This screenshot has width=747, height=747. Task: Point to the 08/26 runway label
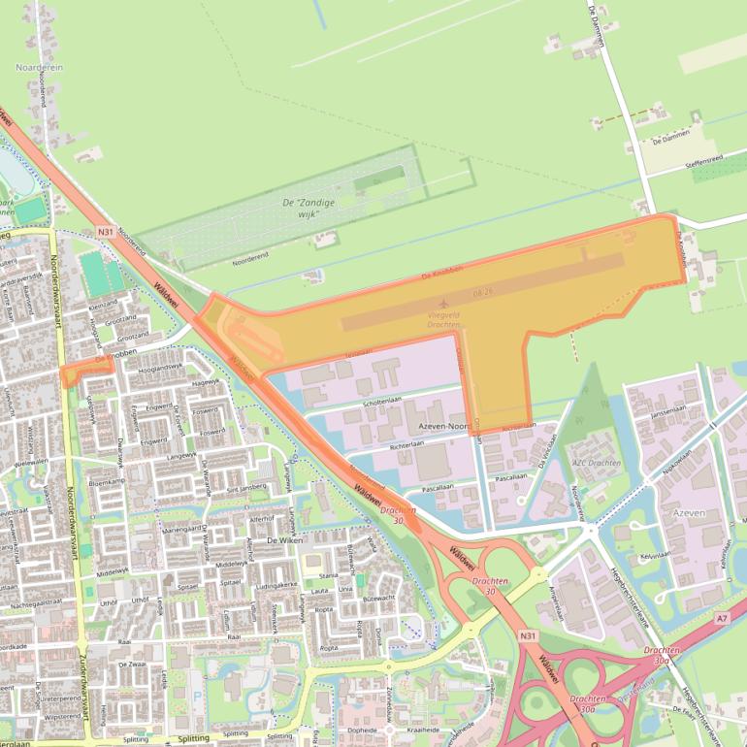click(483, 291)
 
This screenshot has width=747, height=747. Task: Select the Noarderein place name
click(39, 67)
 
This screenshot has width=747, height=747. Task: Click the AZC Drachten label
click(596, 463)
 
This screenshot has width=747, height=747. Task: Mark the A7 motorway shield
click(721, 618)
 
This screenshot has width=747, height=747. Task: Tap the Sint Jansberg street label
click(246, 486)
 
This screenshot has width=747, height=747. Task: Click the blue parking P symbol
click(197, 696)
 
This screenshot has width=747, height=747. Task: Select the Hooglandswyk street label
click(160, 369)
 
